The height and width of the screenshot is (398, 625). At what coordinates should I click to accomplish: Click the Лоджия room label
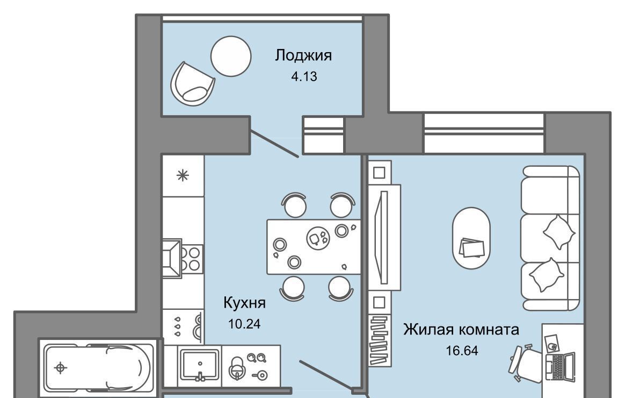tap(303, 55)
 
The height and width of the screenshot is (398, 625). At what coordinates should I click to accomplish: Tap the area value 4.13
tap(304, 76)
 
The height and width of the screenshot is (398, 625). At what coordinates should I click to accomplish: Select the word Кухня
tap(244, 303)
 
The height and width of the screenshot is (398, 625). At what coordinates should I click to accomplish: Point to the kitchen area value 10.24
tap(244, 324)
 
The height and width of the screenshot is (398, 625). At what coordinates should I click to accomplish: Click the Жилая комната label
tap(461, 330)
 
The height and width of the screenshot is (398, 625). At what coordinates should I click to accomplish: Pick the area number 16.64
tap(462, 351)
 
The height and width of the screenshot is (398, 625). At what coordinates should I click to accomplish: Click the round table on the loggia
tap(231, 56)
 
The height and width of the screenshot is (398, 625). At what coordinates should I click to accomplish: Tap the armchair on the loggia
tap(192, 84)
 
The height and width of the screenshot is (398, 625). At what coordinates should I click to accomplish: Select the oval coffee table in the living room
tap(471, 238)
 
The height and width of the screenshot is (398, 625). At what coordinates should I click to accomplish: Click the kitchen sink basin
tap(200, 365)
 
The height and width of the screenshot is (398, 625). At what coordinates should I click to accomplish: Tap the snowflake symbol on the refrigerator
tap(183, 175)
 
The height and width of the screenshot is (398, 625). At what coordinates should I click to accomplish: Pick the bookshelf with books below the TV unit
tap(379, 340)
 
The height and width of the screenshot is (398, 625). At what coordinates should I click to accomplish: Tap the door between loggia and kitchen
tap(274, 144)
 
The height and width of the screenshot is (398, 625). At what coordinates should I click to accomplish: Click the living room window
tap(484, 133)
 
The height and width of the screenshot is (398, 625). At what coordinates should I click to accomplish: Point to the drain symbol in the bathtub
tap(61, 367)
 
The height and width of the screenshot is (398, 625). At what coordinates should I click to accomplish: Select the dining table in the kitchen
tap(314, 247)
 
